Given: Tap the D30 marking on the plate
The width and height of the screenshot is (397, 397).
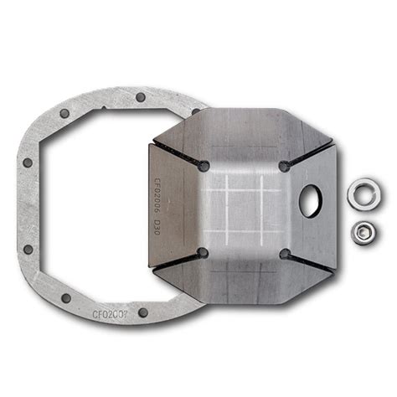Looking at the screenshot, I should tap(156, 227).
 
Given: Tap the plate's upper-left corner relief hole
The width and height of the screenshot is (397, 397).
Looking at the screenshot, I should tap(204, 166).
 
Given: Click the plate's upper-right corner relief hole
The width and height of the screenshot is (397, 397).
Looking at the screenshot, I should tap(285, 166).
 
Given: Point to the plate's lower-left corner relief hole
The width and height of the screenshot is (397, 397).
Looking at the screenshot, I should tap(203, 252).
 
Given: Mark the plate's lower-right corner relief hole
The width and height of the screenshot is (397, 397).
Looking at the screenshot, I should tap(285, 253).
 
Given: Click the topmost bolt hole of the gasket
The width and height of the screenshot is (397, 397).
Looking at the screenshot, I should tap(141, 97).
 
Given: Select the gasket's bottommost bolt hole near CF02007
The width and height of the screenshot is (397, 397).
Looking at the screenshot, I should tap(143, 312).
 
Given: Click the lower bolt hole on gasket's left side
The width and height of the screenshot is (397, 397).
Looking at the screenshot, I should tap(28, 249).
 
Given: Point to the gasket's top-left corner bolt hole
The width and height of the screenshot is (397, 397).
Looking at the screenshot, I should tap(65, 113).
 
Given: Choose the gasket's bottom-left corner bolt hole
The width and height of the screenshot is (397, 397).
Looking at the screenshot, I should tap(66, 297).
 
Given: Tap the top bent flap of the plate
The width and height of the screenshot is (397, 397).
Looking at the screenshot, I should tap(243, 134).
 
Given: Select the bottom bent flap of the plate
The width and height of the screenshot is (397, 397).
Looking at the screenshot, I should tap(243, 285).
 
